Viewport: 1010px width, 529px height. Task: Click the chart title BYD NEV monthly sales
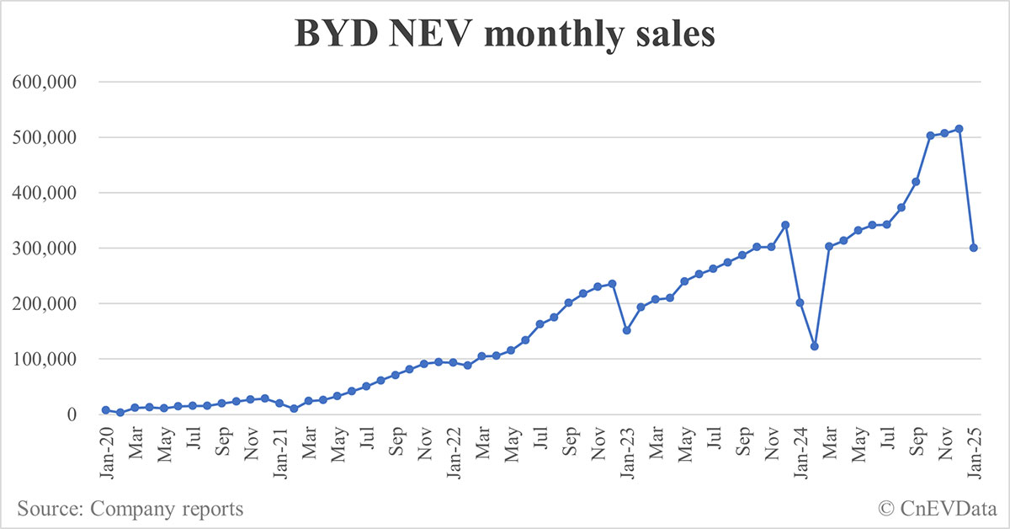[x=504, y=35]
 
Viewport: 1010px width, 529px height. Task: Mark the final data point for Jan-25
[x=974, y=248]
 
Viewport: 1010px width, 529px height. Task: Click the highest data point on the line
[x=959, y=129]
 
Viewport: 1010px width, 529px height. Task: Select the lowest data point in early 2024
[x=815, y=346]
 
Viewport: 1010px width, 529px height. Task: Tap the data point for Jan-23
[x=626, y=330]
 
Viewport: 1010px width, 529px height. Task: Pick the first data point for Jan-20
[x=105, y=410]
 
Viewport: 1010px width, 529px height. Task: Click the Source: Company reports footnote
[x=130, y=509]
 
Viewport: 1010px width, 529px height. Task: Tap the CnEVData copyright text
[x=936, y=509]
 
